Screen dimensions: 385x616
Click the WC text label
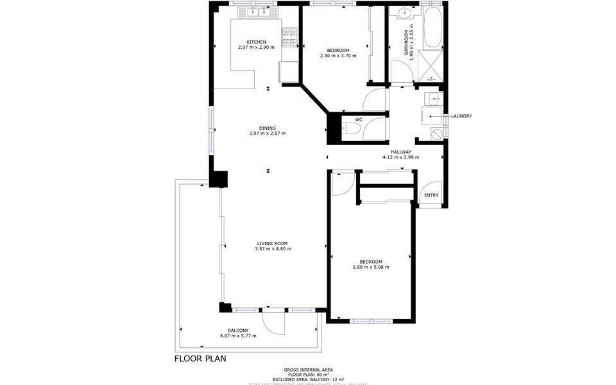click(359, 119)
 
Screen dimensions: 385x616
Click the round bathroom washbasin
click(405, 13)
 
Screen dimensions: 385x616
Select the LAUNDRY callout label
click(461, 116)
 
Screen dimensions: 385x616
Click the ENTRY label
click(431, 195)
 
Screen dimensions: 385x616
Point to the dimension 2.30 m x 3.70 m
click(338, 56)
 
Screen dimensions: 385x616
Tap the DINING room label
click(268, 127)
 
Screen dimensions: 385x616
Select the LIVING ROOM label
click(272, 243)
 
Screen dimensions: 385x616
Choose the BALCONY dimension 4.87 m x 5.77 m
click(238, 336)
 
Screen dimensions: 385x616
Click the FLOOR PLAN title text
click(200, 359)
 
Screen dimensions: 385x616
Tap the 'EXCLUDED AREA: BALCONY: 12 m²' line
click(308, 379)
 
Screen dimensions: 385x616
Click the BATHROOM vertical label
click(406, 44)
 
